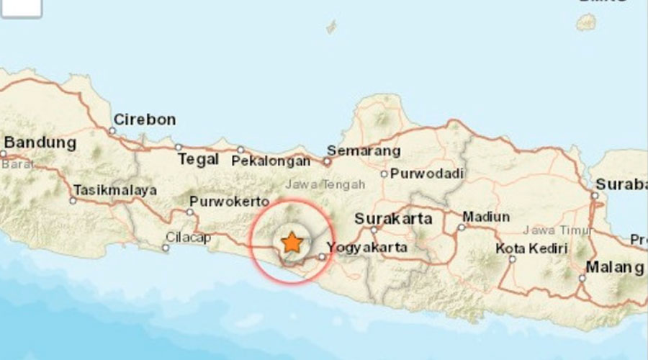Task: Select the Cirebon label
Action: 145,120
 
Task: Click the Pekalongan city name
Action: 271,161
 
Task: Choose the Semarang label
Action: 363,151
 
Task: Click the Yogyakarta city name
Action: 367,248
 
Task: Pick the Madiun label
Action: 486,217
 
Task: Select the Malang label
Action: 614,267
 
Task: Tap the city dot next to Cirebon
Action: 112,131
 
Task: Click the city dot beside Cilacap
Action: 166,248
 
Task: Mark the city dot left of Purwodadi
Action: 384,174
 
